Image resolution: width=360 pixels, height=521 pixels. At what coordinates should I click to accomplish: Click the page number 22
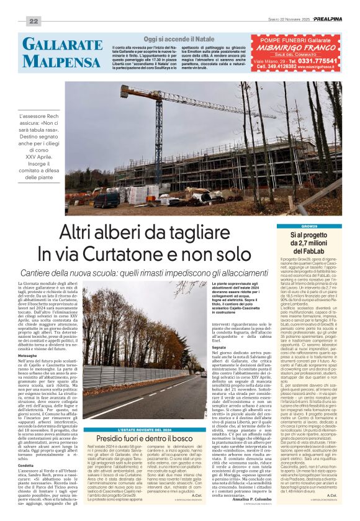34,21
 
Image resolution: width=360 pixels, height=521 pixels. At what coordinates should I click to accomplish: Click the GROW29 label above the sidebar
308,227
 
